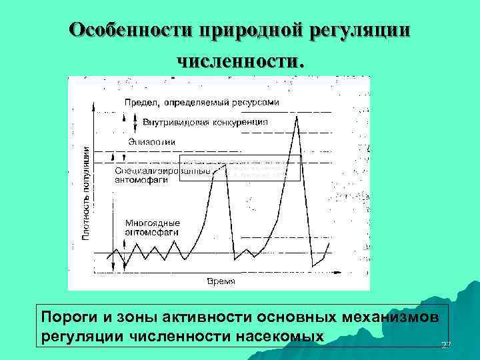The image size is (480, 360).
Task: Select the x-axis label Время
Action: (x=221, y=281)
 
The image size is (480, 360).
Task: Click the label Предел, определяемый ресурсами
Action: (x=201, y=103)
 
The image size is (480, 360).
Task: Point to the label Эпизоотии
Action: (x=153, y=141)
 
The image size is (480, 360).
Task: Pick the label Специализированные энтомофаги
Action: (x=163, y=175)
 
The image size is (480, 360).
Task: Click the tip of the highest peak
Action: (x=297, y=115)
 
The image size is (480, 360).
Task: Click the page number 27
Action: (x=445, y=344)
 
